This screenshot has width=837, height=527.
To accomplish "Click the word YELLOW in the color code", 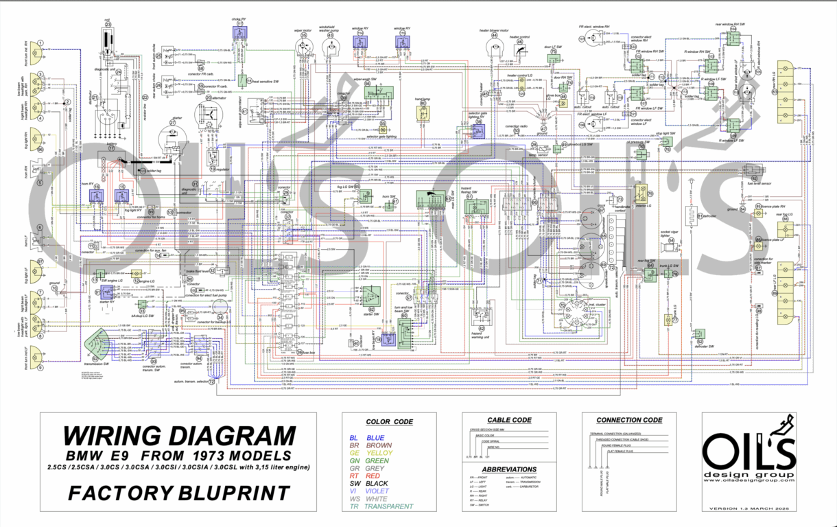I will click(x=379, y=453).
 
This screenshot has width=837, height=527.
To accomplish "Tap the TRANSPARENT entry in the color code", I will click(x=390, y=506).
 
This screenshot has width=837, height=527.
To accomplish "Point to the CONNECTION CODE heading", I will click(x=629, y=420).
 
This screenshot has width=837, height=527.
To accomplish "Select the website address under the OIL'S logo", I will click(x=748, y=481).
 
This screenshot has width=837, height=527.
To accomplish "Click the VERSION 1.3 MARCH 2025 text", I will click(x=748, y=508).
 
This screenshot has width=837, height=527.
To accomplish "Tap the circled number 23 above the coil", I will click(x=108, y=25).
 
